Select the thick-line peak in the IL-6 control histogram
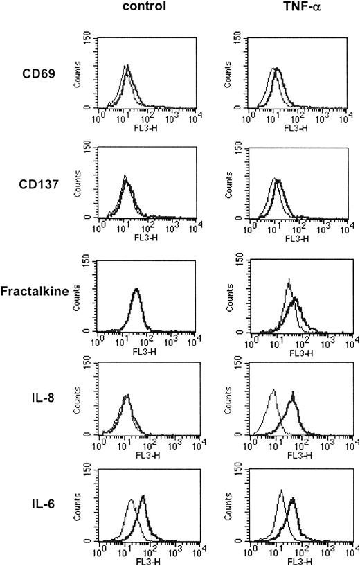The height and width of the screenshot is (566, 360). pos(143,496)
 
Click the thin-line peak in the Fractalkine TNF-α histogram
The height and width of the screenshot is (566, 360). pos(288,280)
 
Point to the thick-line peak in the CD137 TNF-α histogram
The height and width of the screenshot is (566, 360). pos(279,180)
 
